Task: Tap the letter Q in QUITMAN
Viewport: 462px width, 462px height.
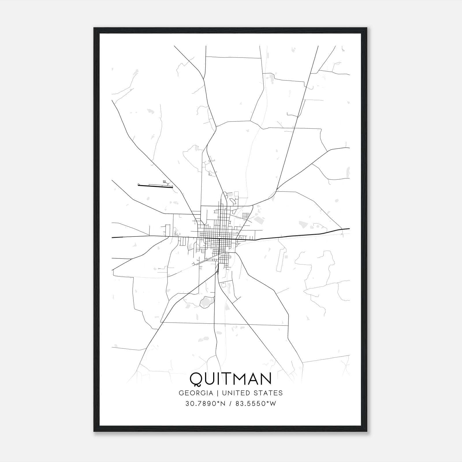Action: point(196,379)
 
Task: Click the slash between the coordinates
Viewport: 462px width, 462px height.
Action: point(230,404)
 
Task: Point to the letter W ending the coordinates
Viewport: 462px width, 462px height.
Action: point(273,404)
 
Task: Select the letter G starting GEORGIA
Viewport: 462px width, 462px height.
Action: point(181,393)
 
